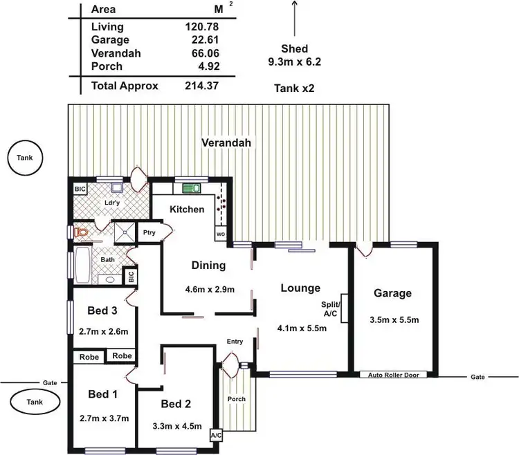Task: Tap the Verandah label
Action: pyautogui.click(x=226, y=143)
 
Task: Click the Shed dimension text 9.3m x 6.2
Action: pyautogui.click(x=295, y=62)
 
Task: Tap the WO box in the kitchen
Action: pyautogui.click(x=221, y=234)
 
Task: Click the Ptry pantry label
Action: pyautogui.click(x=149, y=233)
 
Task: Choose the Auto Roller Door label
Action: pyautogui.click(x=393, y=375)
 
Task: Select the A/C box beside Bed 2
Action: pyautogui.click(x=216, y=436)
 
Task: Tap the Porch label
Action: pyautogui.click(x=237, y=399)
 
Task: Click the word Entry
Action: pyautogui.click(x=235, y=342)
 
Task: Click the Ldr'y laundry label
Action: pyautogui.click(x=113, y=203)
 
